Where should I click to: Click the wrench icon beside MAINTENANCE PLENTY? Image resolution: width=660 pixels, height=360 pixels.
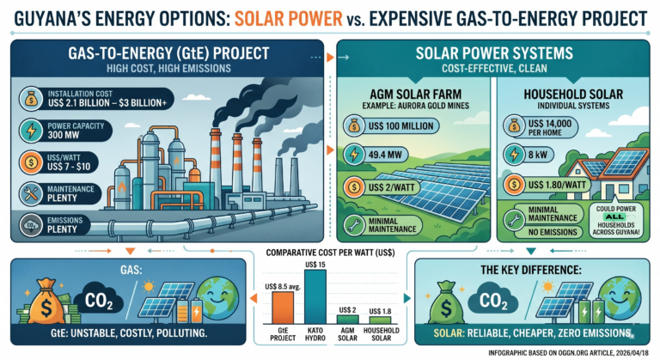[26, 192]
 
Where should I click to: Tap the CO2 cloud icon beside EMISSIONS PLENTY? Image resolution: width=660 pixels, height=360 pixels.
[26, 225]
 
